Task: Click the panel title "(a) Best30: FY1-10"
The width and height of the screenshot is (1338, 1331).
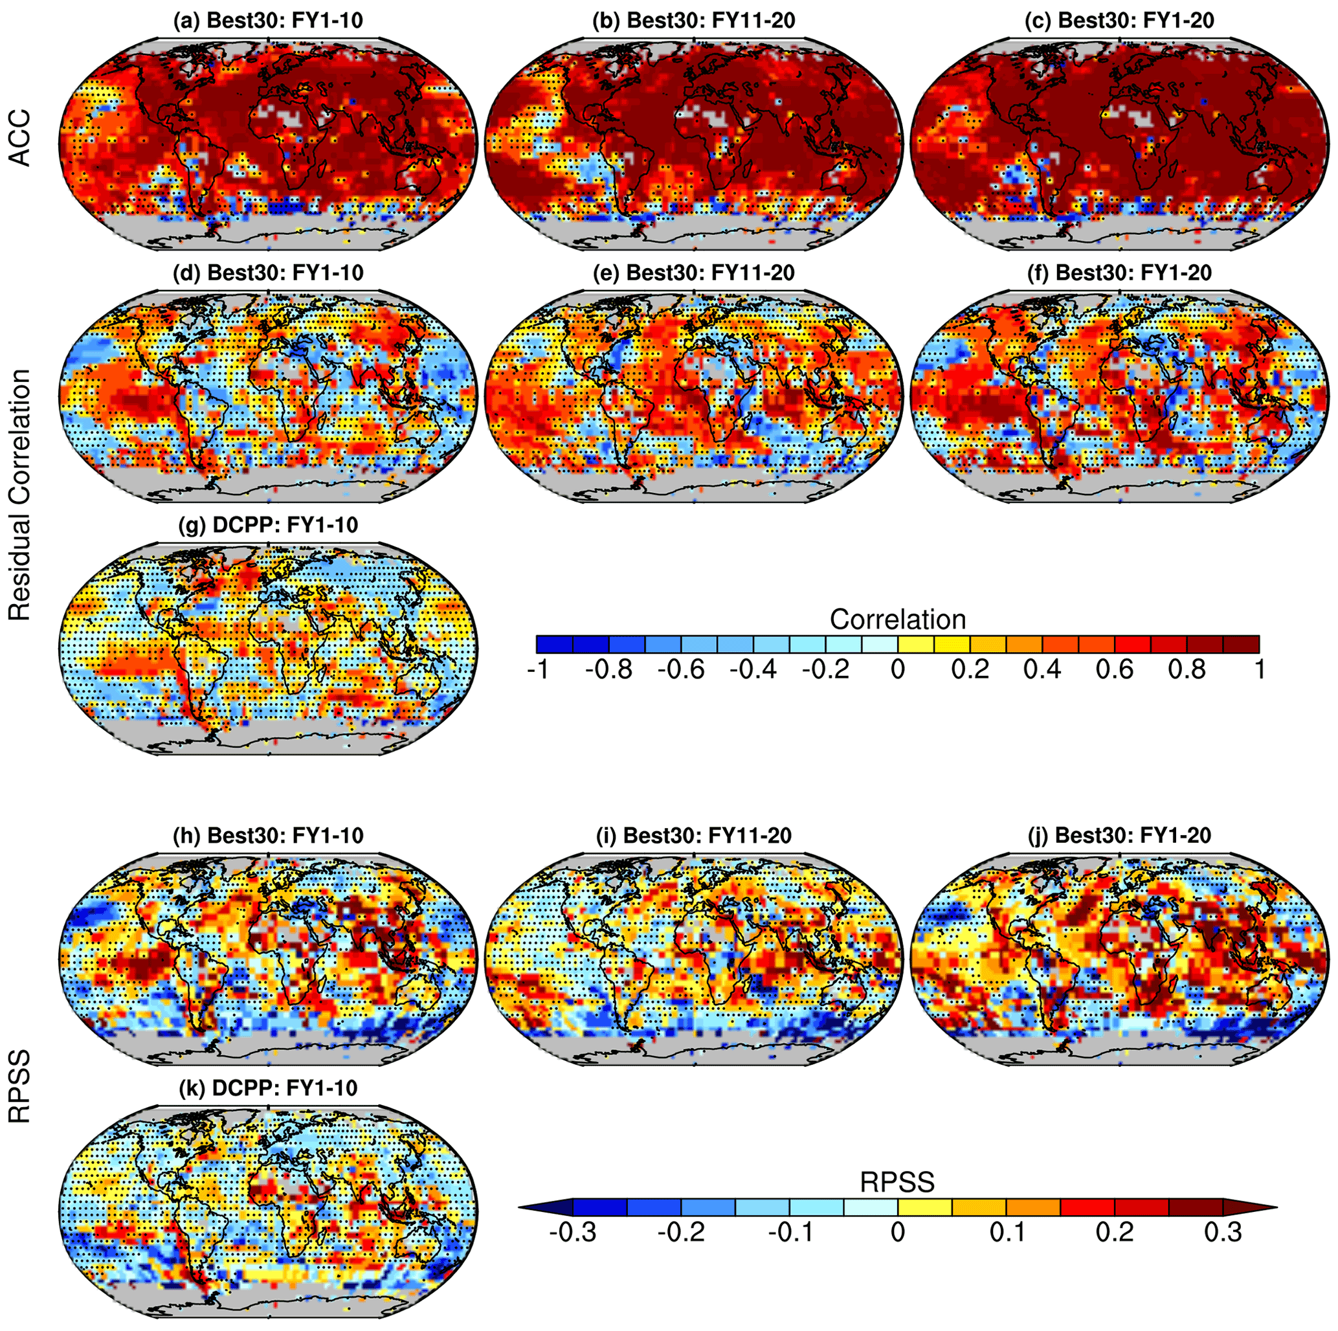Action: [x=268, y=21]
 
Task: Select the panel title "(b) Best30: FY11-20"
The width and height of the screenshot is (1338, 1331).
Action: [x=693, y=21]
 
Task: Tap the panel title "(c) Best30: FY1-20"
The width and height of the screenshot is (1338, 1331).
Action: [x=1119, y=21]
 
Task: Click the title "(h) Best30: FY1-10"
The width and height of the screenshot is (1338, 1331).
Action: [x=268, y=835]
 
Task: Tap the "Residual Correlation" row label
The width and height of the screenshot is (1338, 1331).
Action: [x=21, y=495]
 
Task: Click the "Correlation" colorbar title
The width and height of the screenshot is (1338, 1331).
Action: [x=898, y=619]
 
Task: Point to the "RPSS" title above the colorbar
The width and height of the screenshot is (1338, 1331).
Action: [x=898, y=1182]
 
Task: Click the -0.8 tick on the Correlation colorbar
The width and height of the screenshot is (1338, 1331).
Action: [x=608, y=670]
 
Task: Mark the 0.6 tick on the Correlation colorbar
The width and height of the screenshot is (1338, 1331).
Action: [x=1115, y=670]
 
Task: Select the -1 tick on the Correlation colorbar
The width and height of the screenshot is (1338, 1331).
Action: [x=538, y=670]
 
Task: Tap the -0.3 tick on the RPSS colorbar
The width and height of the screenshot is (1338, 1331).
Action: [x=573, y=1233]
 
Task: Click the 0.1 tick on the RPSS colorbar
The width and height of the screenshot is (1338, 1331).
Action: [x=1007, y=1233]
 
